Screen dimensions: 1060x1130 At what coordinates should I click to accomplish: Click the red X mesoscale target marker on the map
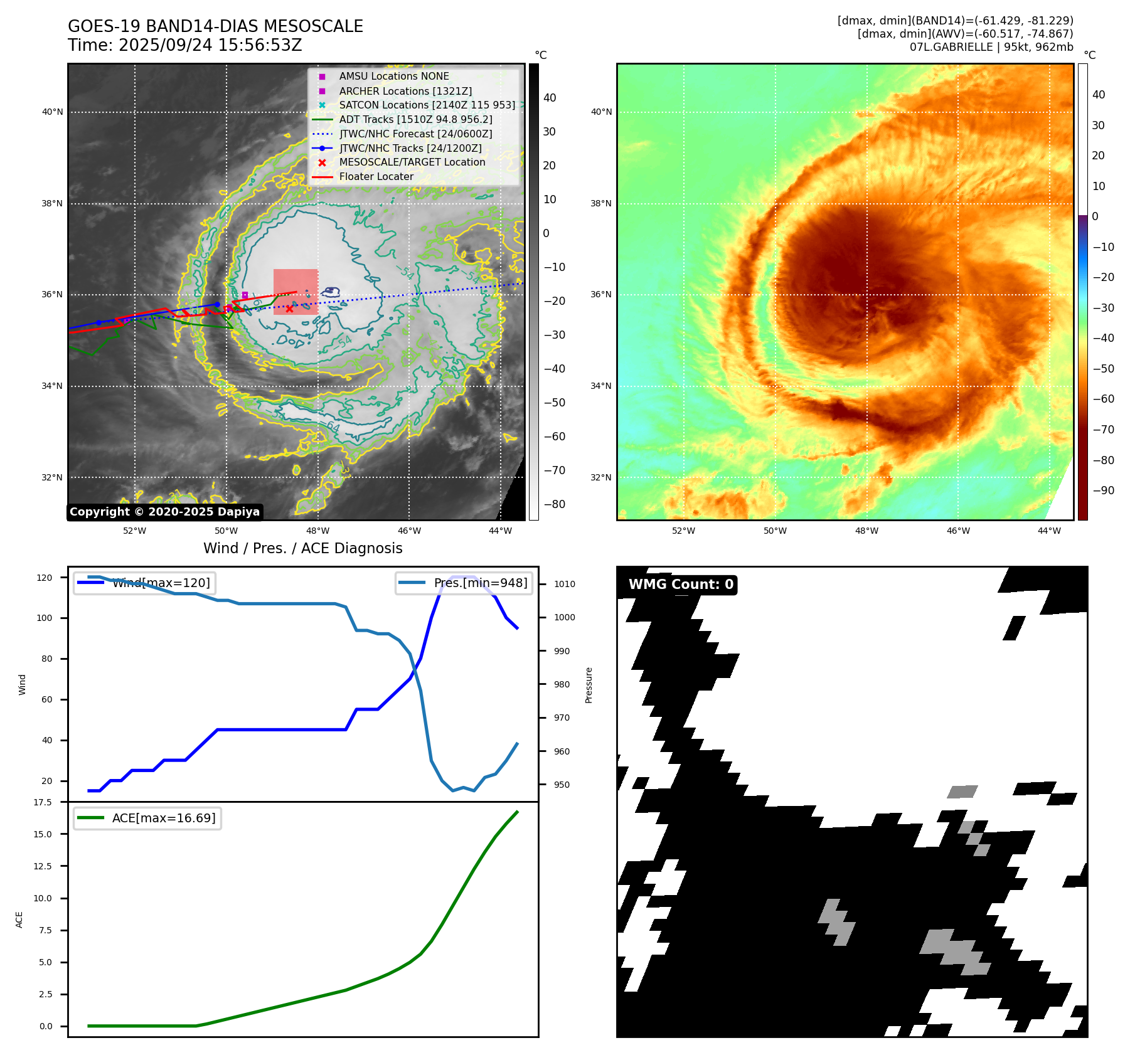pyautogui.click(x=289, y=309)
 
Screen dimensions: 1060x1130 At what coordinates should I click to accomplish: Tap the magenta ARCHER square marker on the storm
pyautogui.click(x=245, y=295)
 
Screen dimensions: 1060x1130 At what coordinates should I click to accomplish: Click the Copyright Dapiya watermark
pyautogui.click(x=164, y=512)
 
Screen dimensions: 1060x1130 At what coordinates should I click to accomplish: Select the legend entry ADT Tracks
pyautogui.click(x=415, y=119)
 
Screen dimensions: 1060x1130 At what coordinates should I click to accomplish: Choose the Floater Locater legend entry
pyautogui.click(x=376, y=177)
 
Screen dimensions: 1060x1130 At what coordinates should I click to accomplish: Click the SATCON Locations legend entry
pyautogui.click(x=427, y=105)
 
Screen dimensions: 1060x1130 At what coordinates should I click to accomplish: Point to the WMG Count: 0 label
pyautogui.click(x=681, y=585)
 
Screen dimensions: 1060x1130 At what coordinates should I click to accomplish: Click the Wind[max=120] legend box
pyautogui.click(x=143, y=583)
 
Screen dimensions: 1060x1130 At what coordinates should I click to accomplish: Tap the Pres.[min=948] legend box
pyautogui.click(x=464, y=583)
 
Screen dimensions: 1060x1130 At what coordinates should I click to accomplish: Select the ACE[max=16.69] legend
pyautogui.click(x=147, y=818)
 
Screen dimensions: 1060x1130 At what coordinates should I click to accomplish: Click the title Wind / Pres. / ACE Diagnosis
pyautogui.click(x=303, y=548)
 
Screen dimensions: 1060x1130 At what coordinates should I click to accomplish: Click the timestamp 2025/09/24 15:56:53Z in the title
pyautogui.click(x=210, y=45)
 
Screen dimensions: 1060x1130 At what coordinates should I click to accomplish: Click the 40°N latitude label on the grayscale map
pyautogui.click(x=53, y=112)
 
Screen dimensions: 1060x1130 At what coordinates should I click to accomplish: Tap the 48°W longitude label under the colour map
pyautogui.click(x=866, y=531)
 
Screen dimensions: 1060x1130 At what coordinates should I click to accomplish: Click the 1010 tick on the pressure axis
pyautogui.click(x=565, y=584)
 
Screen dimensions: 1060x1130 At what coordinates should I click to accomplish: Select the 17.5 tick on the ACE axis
pyautogui.click(x=43, y=802)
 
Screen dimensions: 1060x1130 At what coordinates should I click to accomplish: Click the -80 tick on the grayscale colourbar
pyautogui.click(x=554, y=504)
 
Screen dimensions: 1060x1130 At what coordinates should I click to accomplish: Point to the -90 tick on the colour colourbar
pyautogui.click(x=1103, y=490)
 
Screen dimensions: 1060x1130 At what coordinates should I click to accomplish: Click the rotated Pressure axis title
pyautogui.click(x=589, y=685)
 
